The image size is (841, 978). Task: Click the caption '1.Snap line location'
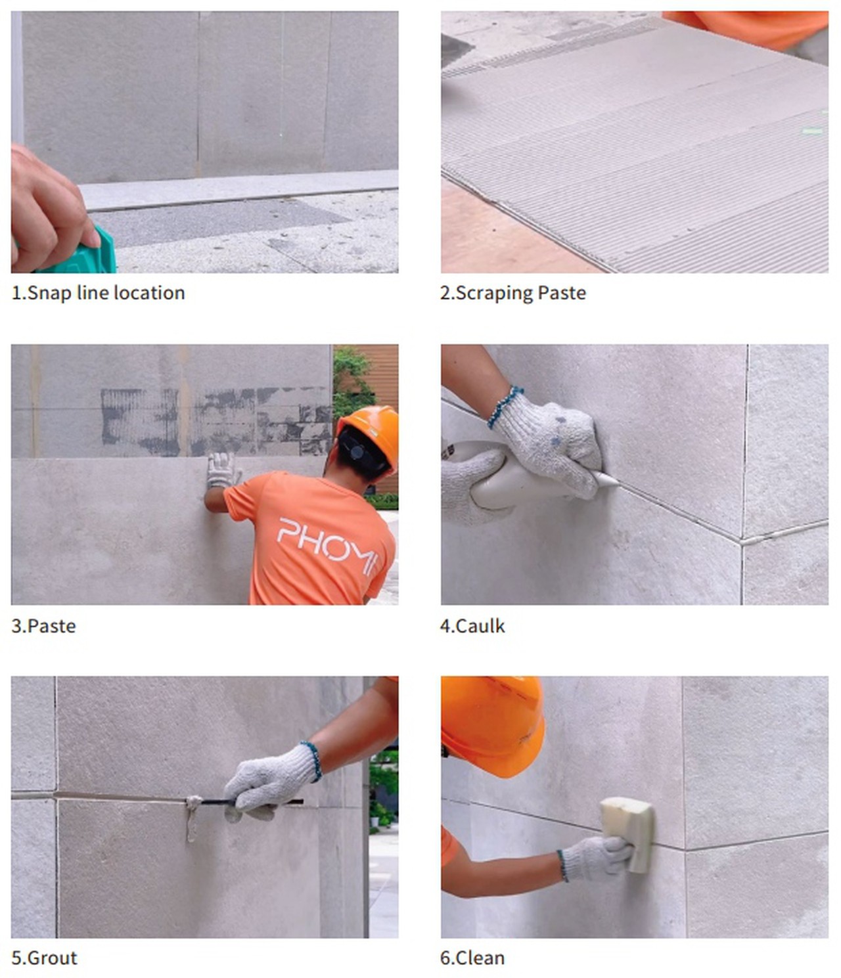tap(98, 294)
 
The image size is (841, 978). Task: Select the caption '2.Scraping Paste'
tap(513, 294)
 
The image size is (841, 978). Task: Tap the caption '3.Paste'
tap(43, 626)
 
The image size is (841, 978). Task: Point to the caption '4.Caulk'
tap(472, 626)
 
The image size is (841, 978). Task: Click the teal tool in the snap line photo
tap(85, 253)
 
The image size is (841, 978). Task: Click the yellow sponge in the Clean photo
tap(627, 834)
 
